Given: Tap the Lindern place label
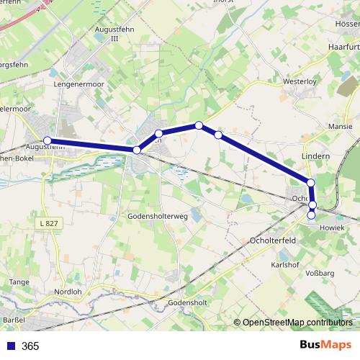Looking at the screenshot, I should click(315, 156).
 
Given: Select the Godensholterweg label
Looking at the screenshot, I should click(157, 215).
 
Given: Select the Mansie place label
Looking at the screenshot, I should click(340, 125).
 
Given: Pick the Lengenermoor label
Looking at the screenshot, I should click(80, 84).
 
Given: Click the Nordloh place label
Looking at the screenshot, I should click(68, 293).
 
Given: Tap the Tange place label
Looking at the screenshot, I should click(19, 282).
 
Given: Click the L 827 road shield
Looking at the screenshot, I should click(49, 224).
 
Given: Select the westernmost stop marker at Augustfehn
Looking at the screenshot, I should click(48, 140).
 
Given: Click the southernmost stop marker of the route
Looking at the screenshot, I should click(312, 215).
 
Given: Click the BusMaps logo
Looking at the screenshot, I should click(326, 346).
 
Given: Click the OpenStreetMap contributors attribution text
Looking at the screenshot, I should click(297, 323).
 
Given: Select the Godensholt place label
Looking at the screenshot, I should click(187, 303).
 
